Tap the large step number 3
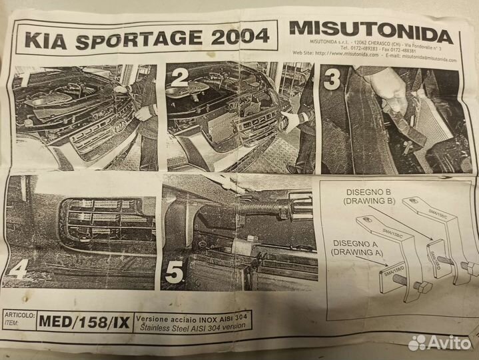[332, 80]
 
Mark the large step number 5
[175, 272]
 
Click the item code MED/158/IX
[85, 321]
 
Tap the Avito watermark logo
[439, 342]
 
